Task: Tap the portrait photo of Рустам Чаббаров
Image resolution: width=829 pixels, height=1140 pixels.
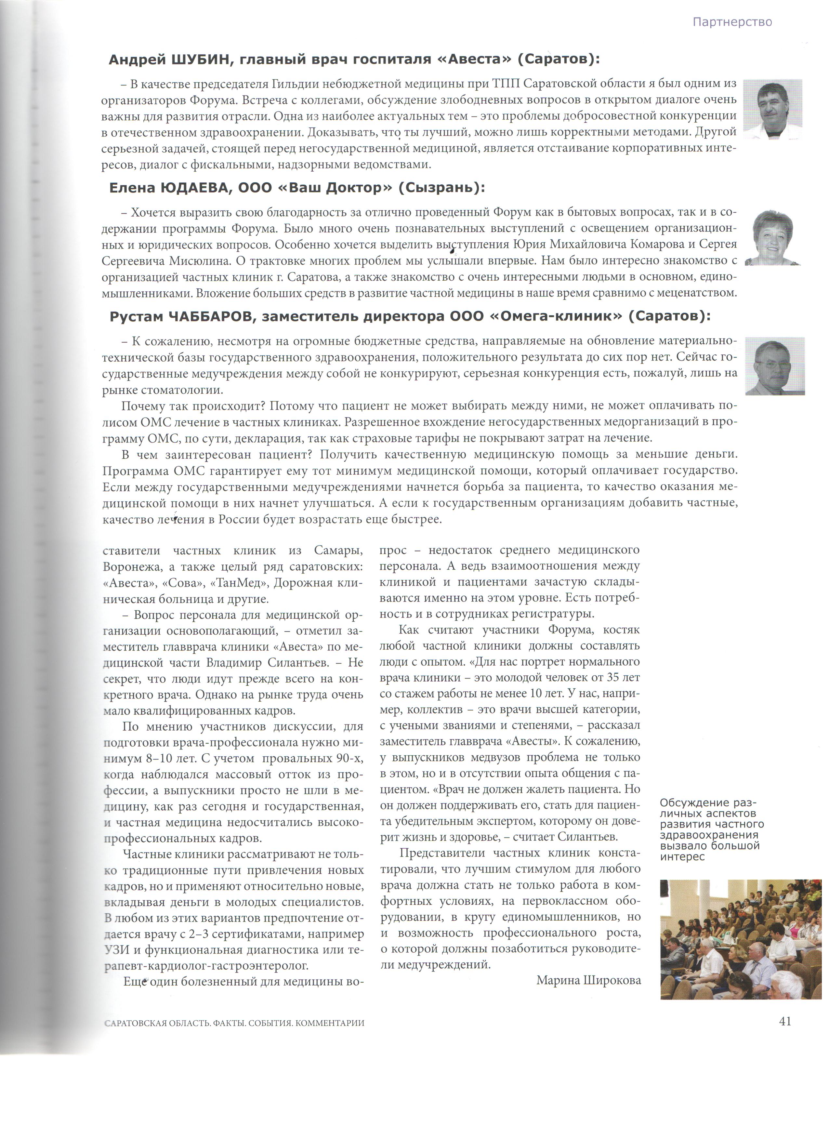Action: (x=774, y=366)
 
